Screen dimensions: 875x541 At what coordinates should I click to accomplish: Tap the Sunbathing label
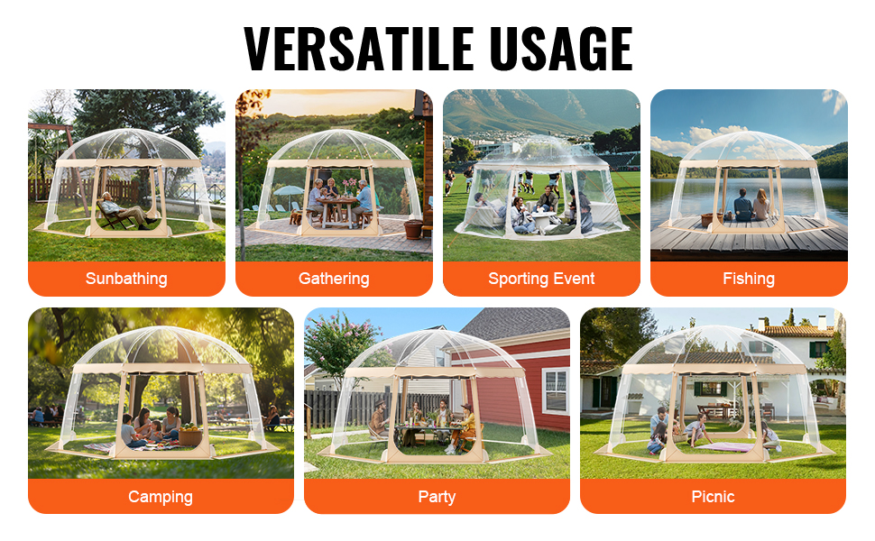pyautogui.click(x=126, y=279)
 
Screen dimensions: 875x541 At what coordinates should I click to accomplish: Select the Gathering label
pyautogui.click(x=334, y=279)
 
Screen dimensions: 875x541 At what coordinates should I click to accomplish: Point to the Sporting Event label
pyautogui.click(x=541, y=279)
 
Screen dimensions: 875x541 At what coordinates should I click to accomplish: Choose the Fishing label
pyautogui.click(x=749, y=279)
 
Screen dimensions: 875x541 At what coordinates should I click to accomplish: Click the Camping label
pyautogui.click(x=161, y=497)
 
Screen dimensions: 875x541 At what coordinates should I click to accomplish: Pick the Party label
pyautogui.click(x=437, y=497)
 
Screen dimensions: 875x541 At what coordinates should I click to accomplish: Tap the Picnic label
pyautogui.click(x=713, y=497)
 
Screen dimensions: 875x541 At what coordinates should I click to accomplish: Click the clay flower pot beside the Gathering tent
pyautogui.click(x=413, y=229)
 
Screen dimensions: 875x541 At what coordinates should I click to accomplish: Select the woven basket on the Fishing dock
pyautogui.click(x=708, y=220)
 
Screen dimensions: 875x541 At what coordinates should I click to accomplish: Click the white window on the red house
pyautogui.click(x=556, y=390)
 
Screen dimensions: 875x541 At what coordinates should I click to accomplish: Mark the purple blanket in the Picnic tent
pyautogui.click(x=725, y=446)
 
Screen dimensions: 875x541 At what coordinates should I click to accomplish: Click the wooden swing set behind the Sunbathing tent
pyautogui.click(x=53, y=161)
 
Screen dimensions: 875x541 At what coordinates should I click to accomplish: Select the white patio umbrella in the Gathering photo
pyautogui.click(x=289, y=191)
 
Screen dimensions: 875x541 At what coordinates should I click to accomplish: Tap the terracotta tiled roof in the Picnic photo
pyautogui.click(x=792, y=330)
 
